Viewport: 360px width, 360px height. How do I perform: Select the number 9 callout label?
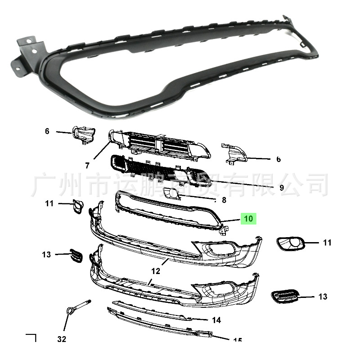(x=281, y=188)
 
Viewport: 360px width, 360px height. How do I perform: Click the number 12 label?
(x=156, y=271)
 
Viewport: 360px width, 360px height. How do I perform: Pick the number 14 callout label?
(x=216, y=320)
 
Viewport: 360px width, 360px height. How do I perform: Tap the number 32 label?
(x=61, y=339)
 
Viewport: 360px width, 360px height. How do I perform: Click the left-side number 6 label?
(x=47, y=131)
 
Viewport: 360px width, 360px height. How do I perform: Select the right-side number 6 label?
(x=279, y=159)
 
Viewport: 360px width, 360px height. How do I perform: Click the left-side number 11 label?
(x=49, y=203)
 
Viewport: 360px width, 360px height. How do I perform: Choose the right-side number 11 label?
(x=327, y=243)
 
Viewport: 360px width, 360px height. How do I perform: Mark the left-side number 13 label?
(x=47, y=255)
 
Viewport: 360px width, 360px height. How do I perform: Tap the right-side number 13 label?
(x=323, y=297)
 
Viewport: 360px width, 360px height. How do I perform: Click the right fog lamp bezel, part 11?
(x=290, y=244)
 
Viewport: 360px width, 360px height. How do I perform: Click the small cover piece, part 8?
(x=171, y=193)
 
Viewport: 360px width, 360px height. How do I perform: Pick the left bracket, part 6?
(x=83, y=135)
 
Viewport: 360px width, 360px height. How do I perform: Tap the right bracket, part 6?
(x=233, y=153)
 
